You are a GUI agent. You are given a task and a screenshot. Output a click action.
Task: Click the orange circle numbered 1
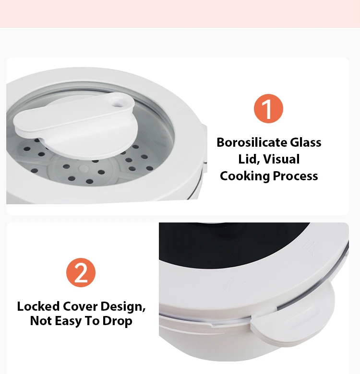[269, 108]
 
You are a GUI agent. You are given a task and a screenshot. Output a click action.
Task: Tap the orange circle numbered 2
[81, 272]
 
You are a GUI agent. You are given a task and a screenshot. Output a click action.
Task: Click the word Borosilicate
[252, 142]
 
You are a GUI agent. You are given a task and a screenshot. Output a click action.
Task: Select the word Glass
[306, 142]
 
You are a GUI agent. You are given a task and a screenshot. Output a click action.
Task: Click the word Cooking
[245, 176]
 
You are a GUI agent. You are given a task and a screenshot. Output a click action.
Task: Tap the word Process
[295, 176]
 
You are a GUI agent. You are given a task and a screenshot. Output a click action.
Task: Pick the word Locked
[38, 306]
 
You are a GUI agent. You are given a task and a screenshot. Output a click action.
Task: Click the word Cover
[80, 306]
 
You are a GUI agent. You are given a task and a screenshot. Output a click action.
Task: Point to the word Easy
[68, 321]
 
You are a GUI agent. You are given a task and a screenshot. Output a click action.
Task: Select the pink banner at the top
[180, 13]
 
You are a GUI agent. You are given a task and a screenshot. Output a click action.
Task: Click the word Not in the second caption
[41, 321]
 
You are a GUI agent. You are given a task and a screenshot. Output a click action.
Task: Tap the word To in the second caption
[92, 321]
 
